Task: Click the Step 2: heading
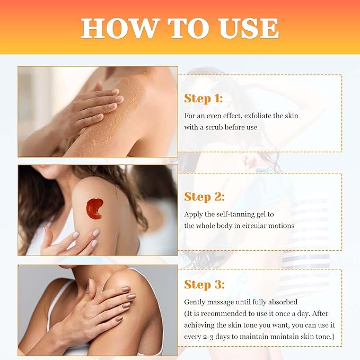coord(204,197)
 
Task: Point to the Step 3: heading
coord(204,285)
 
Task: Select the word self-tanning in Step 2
coord(238,214)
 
